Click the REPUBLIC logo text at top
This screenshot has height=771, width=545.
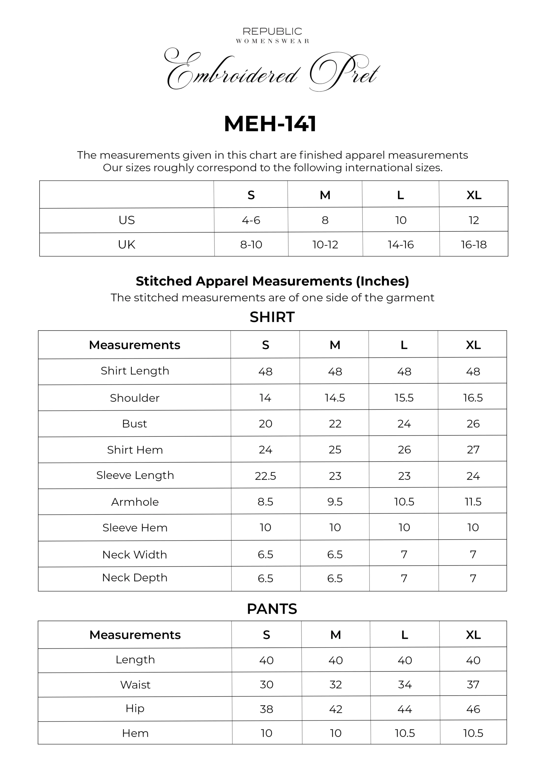coord(272,32)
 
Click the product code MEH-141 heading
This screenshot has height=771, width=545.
coord(270,124)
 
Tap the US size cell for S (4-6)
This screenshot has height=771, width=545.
coord(251,220)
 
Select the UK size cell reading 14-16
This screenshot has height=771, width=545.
coord(400,245)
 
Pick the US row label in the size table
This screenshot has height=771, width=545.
coord(126,220)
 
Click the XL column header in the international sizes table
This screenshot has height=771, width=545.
coord(474,195)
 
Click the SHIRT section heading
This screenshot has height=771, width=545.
coord(272,317)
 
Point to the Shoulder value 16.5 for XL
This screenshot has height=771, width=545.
coord(473,398)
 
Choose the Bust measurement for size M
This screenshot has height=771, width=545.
coord(335,424)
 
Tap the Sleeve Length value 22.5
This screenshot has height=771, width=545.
coord(265,476)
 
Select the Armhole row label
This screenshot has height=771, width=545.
coord(135,502)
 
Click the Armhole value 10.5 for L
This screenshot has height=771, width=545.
coord(404,502)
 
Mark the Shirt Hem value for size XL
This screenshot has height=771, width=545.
coord(473,450)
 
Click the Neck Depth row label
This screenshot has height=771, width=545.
coord(135,578)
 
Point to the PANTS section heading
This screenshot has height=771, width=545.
coord(272,609)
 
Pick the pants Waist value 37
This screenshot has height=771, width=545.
coord(473,684)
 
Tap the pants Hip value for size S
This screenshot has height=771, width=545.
coord(266,709)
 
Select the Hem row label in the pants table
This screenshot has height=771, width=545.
coord(135,733)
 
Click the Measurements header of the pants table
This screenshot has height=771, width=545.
coord(135,635)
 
